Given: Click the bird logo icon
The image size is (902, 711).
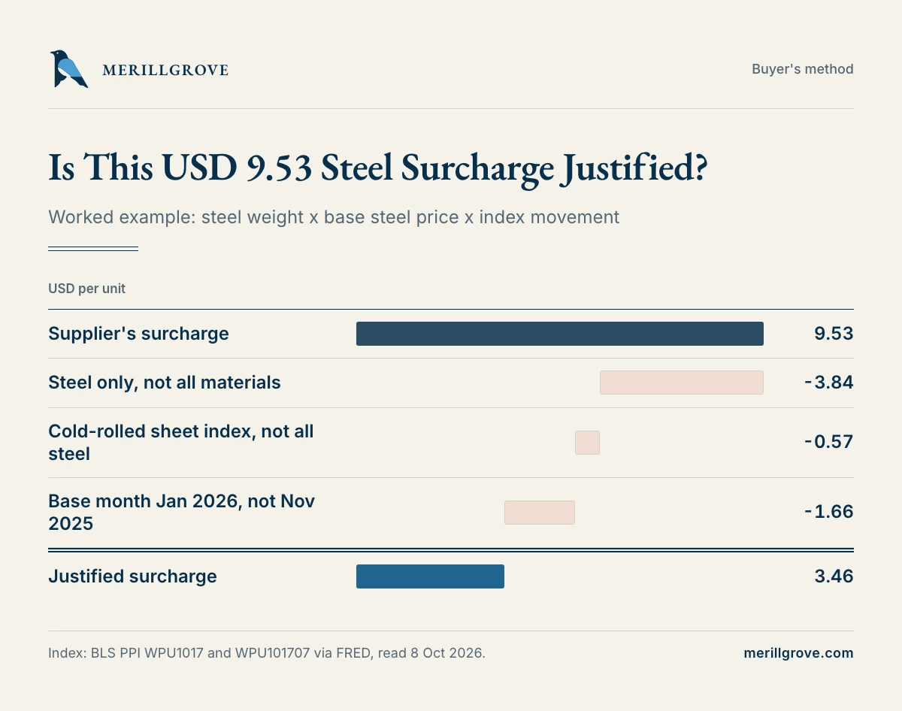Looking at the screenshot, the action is (68, 68).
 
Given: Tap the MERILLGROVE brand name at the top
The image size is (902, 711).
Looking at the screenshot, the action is (165, 70).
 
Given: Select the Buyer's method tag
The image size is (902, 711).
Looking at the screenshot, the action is (802, 69).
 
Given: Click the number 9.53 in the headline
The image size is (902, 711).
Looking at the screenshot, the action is (279, 168).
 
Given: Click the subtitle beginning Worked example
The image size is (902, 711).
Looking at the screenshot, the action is (334, 217).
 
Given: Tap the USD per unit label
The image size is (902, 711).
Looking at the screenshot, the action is (86, 289).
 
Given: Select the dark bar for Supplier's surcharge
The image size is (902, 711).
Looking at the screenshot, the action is (560, 334).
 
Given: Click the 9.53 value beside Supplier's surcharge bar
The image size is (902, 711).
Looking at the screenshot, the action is (834, 334).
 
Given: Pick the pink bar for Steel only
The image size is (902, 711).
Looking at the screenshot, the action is (682, 383).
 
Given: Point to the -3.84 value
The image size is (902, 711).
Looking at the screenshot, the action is (829, 383).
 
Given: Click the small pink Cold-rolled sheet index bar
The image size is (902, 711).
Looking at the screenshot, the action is (587, 443).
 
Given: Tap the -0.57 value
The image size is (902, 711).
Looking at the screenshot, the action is (829, 442).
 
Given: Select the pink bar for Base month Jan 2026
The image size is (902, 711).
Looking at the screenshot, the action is (540, 513).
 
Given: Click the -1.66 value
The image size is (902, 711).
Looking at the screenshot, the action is (829, 512).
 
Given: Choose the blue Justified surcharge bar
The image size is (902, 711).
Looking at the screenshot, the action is (430, 576).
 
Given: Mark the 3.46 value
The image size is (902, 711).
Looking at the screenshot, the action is (834, 576).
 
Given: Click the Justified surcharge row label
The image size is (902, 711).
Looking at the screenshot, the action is (132, 576).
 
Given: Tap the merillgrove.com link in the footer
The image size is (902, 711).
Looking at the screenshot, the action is (798, 653).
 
